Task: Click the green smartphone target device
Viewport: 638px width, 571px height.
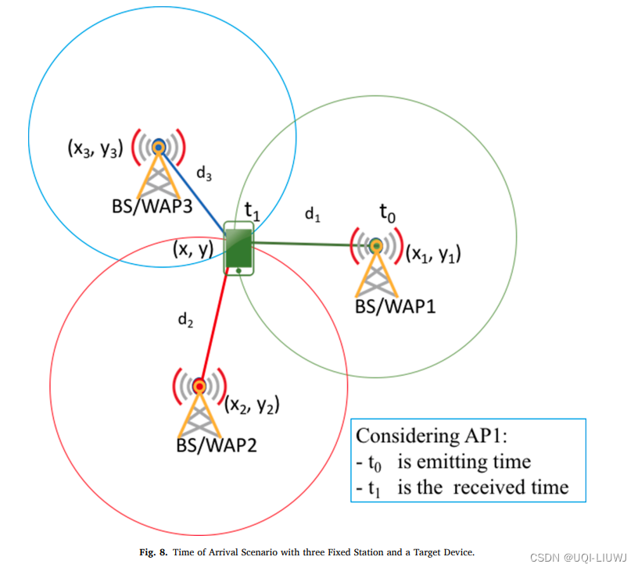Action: coord(238,248)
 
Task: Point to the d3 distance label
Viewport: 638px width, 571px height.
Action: coord(204,174)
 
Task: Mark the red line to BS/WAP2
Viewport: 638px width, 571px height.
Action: coord(213,328)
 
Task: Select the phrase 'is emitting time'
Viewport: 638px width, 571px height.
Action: coord(464,462)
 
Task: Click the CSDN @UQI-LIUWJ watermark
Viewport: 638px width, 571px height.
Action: coord(580,557)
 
